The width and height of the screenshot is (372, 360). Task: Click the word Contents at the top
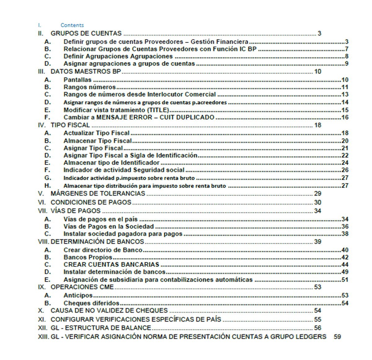point(72,25)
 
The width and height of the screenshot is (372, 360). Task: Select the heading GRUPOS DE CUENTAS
point(86,33)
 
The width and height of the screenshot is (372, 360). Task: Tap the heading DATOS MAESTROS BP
point(86,72)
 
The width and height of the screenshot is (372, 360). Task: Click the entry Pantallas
point(77,80)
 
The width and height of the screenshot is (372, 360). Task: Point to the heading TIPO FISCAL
point(70,125)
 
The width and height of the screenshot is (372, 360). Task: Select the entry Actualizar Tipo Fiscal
point(96,133)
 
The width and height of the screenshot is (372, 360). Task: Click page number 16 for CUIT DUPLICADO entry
point(345,117)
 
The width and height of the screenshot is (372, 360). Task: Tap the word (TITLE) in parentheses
point(158,110)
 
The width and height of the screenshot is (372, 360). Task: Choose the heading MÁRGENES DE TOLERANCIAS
point(98,194)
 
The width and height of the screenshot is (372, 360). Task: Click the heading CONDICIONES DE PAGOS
point(91,203)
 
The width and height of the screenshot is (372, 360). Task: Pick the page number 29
point(317,194)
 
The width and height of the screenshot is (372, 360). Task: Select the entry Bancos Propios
point(88,257)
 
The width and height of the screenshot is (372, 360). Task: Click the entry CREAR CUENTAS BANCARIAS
point(111,265)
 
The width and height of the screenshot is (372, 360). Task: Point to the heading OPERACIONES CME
point(82,287)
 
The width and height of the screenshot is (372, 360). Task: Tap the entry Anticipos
point(78,296)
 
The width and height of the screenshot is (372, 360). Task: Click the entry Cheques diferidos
point(91,303)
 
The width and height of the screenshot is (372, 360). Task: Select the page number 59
point(337,337)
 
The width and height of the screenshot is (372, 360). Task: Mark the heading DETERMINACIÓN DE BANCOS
point(97,242)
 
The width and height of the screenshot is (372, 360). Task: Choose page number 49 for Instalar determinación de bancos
point(345,272)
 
